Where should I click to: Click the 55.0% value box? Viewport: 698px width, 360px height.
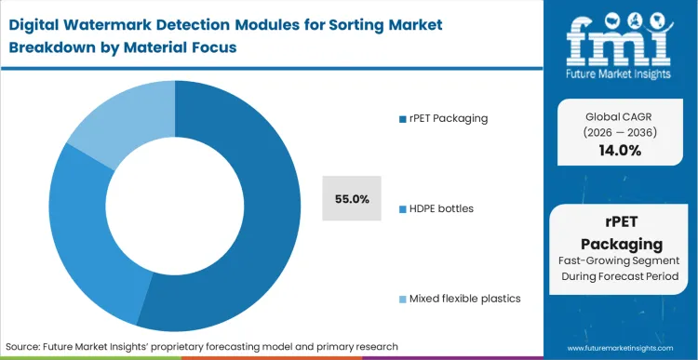(x=353, y=198)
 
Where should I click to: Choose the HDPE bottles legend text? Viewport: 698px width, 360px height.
(x=440, y=207)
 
